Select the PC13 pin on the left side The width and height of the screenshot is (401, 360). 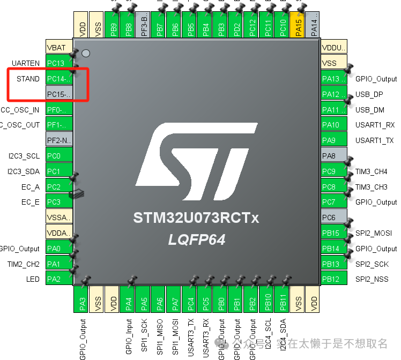tap(58, 63)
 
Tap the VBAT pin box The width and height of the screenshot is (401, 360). tap(58, 48)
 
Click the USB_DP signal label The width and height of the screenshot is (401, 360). tap(369, 94)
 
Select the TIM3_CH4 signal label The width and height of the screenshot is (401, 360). tap(371, 172)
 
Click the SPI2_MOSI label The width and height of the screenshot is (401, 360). tap(373, 233)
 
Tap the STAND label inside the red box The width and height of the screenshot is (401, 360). tap(28, 79)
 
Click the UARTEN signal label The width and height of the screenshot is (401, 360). tap(26, 63)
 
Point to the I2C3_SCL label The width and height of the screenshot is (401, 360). tap(24, 156)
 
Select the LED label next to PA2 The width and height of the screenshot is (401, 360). tap(33, 280)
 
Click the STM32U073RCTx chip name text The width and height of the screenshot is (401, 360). tap(196, 219)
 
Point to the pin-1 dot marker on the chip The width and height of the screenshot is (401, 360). tap(85, 54)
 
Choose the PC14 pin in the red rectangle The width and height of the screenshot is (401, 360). tap(58, 79)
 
